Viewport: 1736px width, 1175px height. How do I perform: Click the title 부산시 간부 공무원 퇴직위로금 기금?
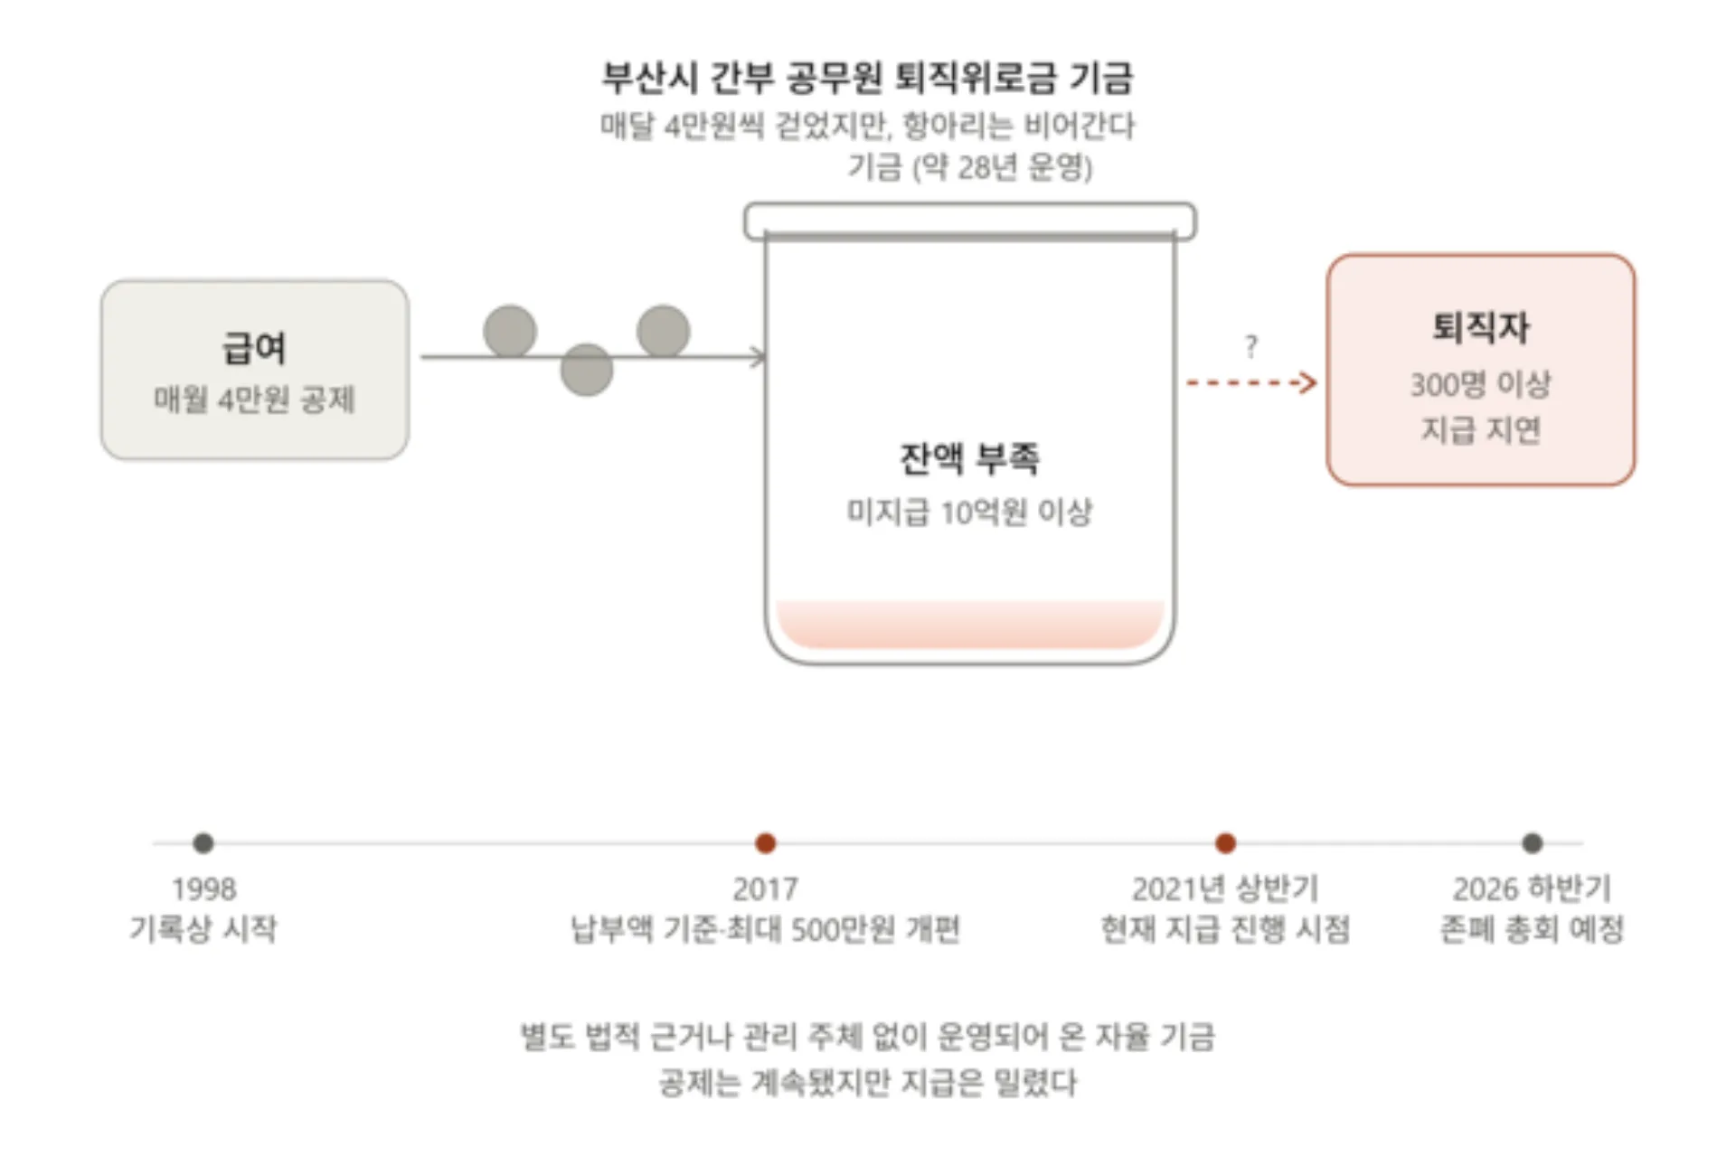click(867, 78)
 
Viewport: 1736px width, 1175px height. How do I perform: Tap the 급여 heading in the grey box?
click(254, 348)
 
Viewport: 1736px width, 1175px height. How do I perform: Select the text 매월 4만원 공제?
click(254, 399)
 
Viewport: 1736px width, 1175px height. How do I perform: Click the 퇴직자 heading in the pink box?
click(1480, 327)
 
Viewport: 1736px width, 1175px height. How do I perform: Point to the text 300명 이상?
click(1480, 384)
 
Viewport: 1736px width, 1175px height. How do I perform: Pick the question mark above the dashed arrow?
click(1250, 346)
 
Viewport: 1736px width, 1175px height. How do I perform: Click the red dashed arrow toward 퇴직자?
click(1250, 383)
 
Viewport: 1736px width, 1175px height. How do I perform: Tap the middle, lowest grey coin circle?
click(587, 370)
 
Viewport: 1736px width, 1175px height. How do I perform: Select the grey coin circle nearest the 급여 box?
click(510, 332)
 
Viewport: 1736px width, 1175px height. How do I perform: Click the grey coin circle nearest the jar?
click(664, 331)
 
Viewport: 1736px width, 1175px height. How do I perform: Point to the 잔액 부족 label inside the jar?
click(969, 458)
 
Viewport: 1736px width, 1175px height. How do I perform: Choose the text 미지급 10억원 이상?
click(969, 512)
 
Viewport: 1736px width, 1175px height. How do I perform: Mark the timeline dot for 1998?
click(203, 843)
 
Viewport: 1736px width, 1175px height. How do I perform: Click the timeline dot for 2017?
click(766, 843)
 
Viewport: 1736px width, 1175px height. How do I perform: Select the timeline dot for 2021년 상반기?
click(1226, 843)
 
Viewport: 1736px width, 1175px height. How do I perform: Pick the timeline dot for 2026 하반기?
click(1533, 843)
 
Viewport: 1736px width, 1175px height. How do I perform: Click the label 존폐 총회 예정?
click(1533, 928)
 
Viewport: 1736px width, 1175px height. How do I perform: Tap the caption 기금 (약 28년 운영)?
click(970, 167)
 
